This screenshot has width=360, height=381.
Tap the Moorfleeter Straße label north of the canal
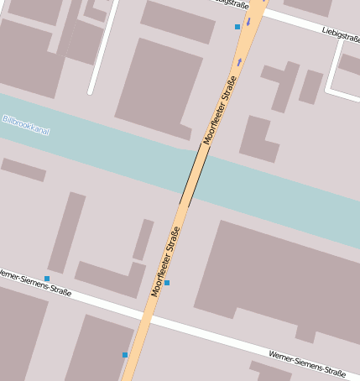coord(221,110)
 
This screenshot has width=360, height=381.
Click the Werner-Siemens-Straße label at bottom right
coord(306,363)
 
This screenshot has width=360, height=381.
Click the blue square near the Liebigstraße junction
coord(237,27)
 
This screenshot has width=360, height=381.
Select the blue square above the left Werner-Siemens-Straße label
coord(47,278)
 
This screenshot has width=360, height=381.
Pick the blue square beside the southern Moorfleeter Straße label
coord(167,283)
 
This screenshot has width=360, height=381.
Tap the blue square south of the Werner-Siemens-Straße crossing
coord(125,354)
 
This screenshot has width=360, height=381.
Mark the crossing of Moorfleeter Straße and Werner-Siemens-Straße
coord(144,317)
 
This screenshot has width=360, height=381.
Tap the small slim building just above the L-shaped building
coord(143,239)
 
